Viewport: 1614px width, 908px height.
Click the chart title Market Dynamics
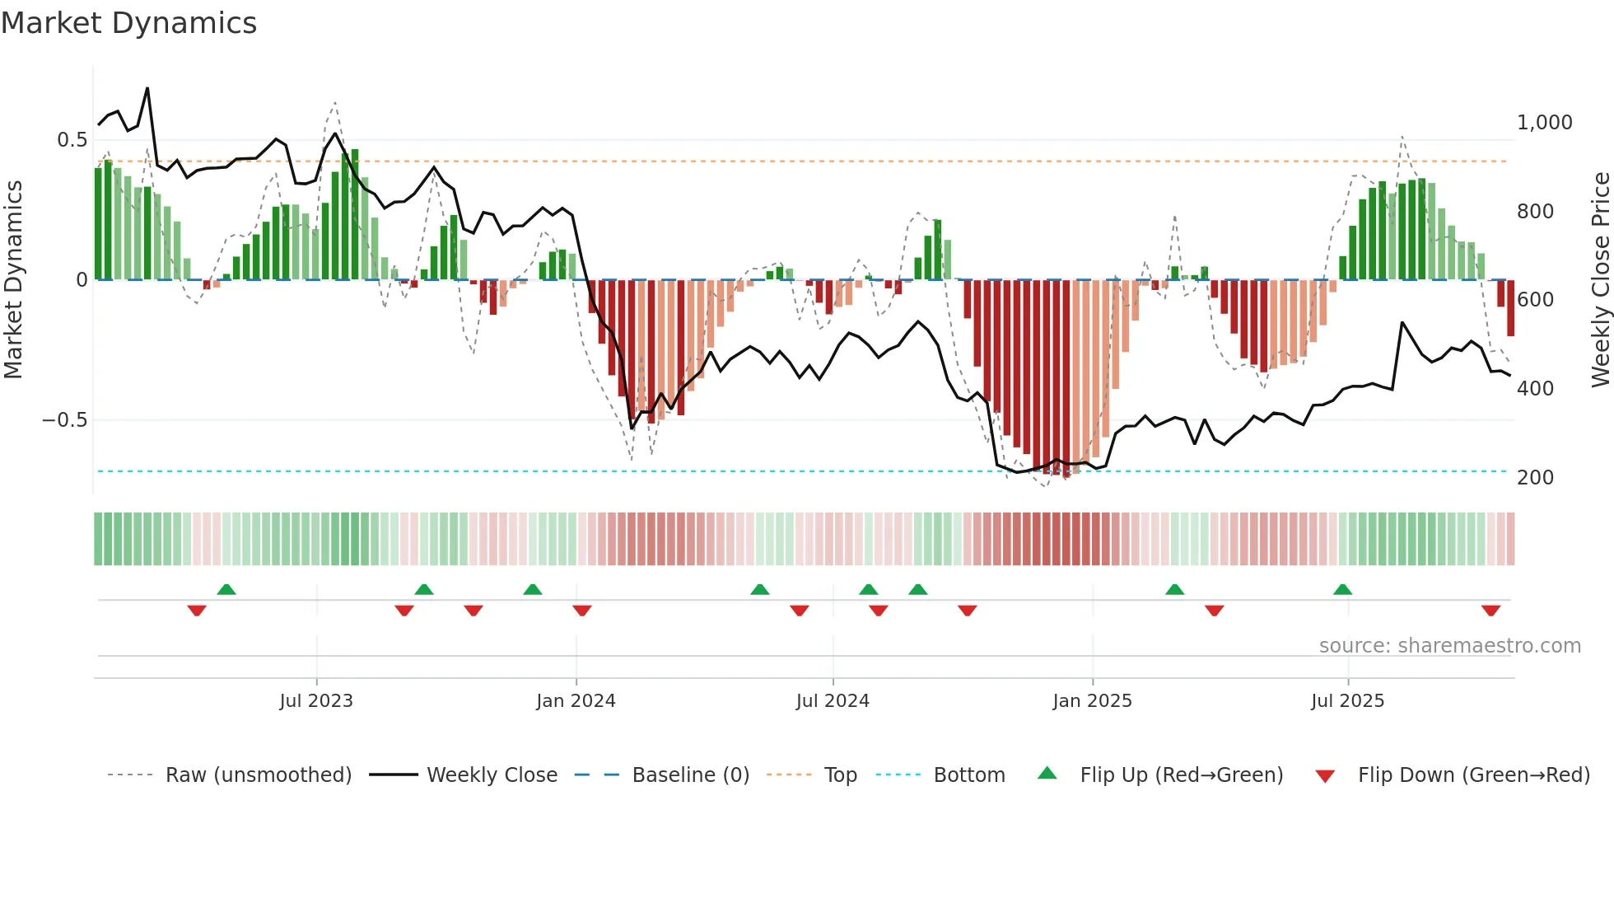click(128, 22)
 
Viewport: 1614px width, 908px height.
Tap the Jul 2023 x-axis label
click(316, 701)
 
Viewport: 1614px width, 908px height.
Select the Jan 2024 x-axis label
click(576, 701)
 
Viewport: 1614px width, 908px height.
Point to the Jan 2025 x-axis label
click(1092, 701)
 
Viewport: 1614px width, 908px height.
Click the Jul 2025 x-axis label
click(1347, 701)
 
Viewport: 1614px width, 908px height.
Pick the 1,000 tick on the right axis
click(1544, 123)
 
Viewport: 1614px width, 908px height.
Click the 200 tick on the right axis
click(1535, 478)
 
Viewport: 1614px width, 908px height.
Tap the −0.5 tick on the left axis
click(64, 420)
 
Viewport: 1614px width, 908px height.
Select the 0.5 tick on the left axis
click(72, 140)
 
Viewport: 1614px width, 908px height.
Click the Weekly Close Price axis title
click(1600, 280)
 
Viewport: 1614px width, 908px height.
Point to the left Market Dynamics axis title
click(13, 280)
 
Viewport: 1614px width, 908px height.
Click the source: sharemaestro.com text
click(1449, 646)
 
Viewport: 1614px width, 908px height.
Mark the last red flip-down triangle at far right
click(1490, 611)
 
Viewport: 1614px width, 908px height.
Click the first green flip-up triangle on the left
click(226, 589)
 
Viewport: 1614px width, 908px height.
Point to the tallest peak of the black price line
click(147, 88)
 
